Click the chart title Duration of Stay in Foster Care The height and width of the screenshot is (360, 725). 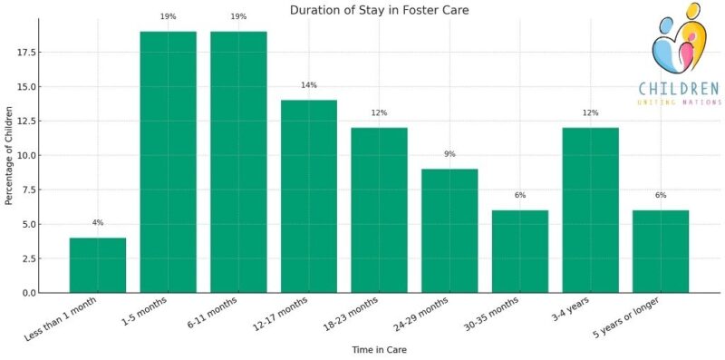pos(380,10)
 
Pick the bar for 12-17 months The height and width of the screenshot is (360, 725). pos(309,196)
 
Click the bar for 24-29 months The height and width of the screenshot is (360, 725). pos(449,230)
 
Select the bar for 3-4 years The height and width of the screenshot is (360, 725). pos(591,209)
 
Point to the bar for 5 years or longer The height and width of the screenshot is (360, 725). pos(661,251)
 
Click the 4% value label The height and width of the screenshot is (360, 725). pos(98,223)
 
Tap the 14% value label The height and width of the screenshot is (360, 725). pos(309,85)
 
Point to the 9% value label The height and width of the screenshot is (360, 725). pos(449,154)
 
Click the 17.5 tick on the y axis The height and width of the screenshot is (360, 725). pos(24,53)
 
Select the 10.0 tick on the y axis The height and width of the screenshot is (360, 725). pos(24,155)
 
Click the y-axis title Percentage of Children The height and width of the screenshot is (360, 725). pos(9,156)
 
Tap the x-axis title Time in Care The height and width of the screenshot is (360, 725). pos(379,349)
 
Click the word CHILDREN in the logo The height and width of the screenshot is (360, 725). pos(679,89)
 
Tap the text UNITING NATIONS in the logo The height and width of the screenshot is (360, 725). pos(679,103)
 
